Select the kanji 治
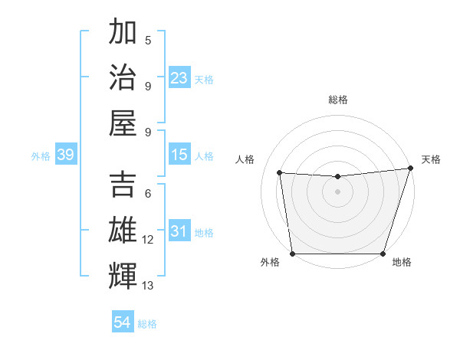pos(123,77)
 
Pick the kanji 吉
pos(123,185)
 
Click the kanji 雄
pos(123,231)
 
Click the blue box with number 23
pos(179,78)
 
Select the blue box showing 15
pos(179,155)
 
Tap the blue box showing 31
pos(179,232)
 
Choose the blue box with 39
pos(65,155)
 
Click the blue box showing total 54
pos(122,322)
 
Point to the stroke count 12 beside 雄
pos(148,240)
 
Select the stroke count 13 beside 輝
pos(148,286)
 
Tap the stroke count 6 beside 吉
pos(148,194)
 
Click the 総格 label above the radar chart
pos(337,100)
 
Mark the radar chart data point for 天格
pos(410,168)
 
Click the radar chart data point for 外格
pos(292,254)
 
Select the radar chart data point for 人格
pos(280,173)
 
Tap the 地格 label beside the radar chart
pos(402,263)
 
